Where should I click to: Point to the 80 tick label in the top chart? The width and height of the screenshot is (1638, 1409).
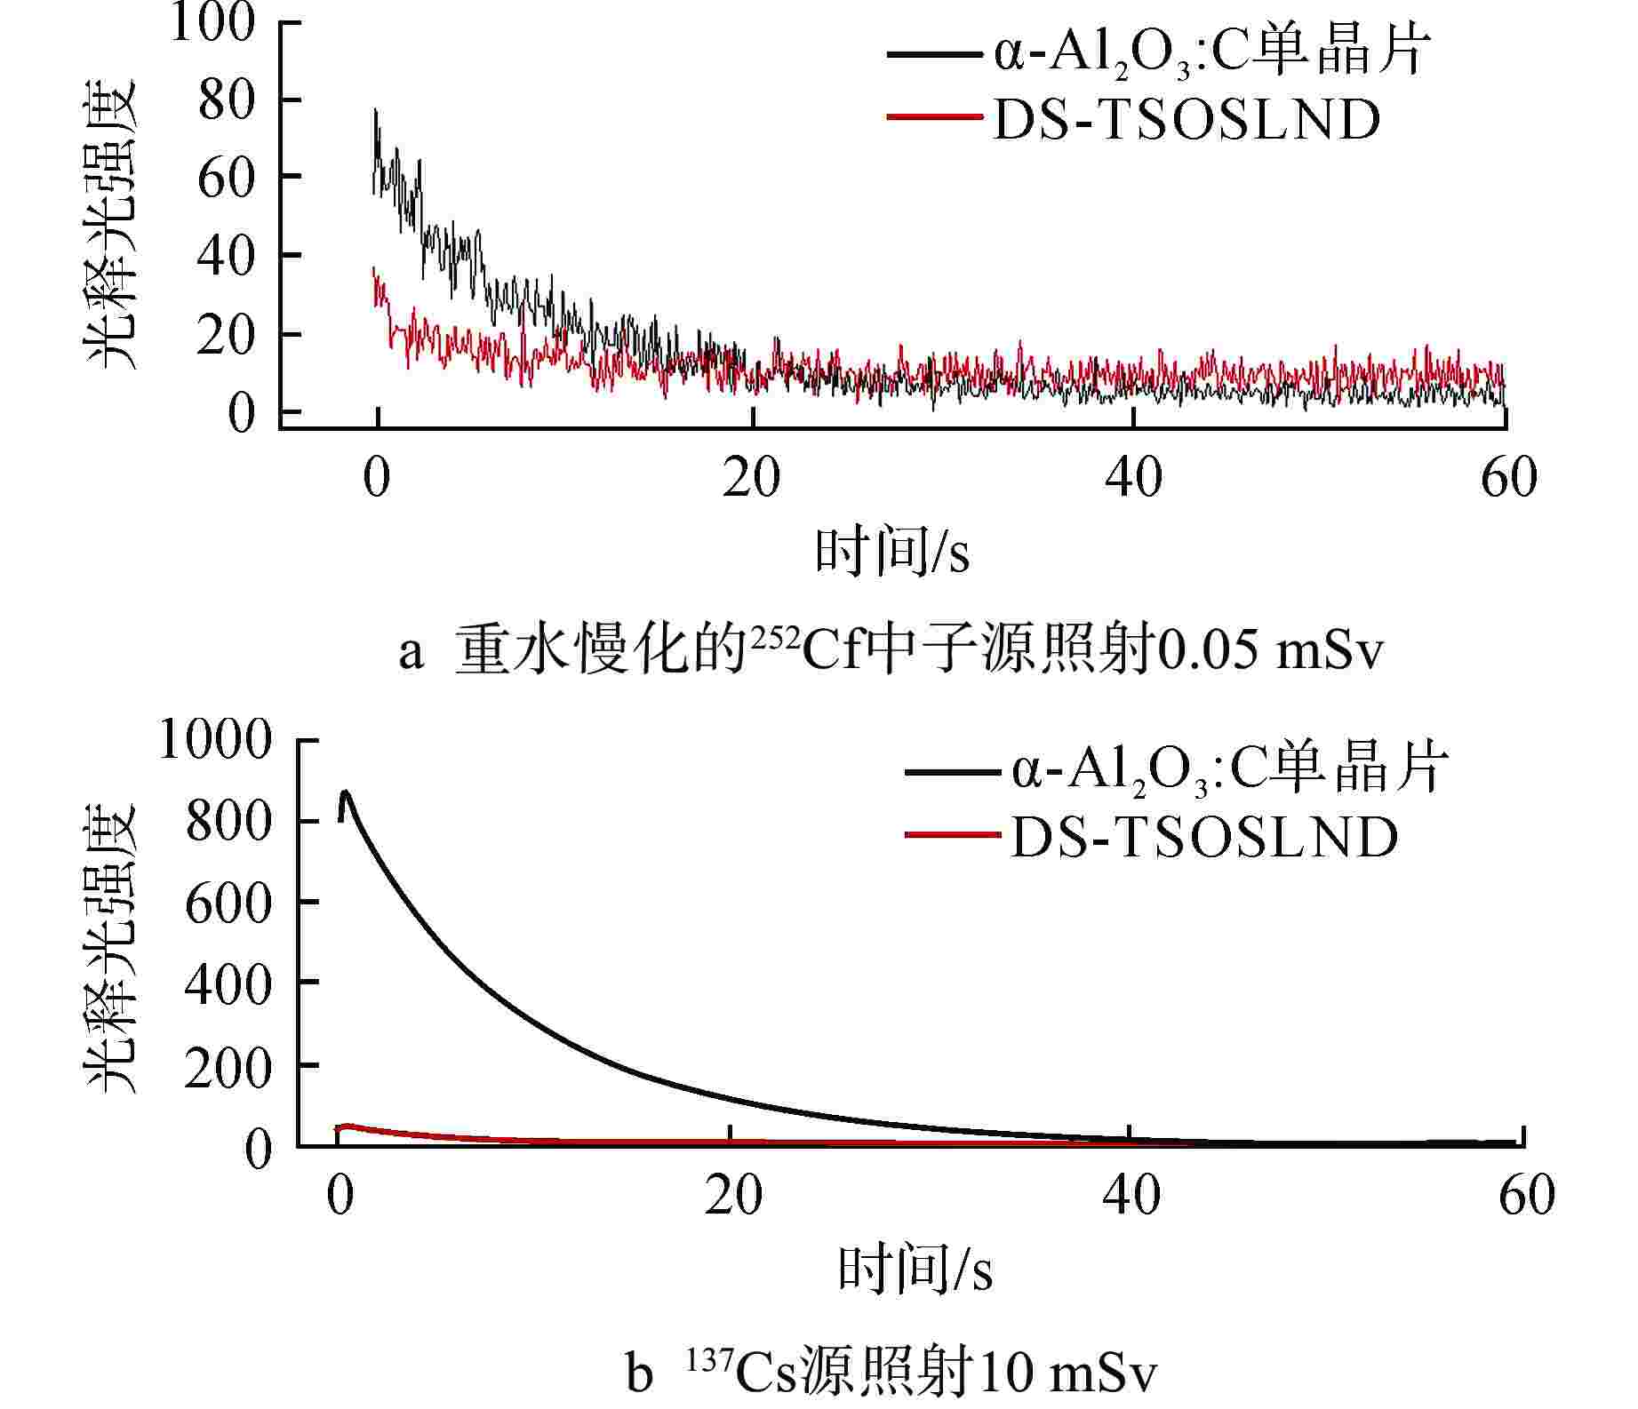click(226, 101)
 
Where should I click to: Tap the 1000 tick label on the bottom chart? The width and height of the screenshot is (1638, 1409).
click(215, 739)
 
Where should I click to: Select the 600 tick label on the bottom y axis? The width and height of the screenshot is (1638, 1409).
click(228, 903)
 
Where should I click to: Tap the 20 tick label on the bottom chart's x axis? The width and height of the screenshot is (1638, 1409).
click(733, 1195)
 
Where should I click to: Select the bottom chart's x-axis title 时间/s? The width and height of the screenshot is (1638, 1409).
click(915, 1270)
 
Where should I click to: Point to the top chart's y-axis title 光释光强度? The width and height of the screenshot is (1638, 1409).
click(111, 224)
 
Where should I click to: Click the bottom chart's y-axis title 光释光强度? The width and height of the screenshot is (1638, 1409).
click(111, 946)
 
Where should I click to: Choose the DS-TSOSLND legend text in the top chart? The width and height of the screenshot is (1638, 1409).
click(1187, 120)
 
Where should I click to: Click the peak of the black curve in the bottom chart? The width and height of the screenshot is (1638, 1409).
click(345, 792)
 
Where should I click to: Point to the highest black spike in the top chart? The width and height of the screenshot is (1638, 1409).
click(375, 110)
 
